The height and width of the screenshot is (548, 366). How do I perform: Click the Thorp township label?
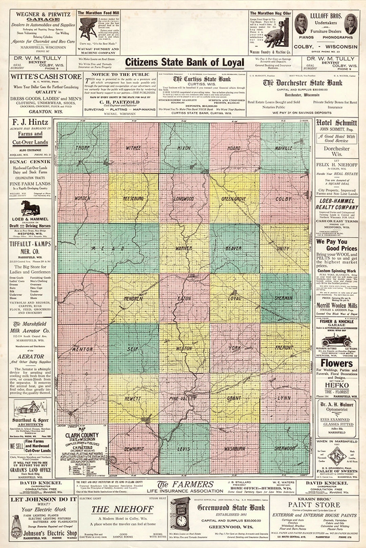83,148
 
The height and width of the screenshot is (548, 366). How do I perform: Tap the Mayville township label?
283,148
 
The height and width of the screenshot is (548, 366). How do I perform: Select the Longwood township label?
184,199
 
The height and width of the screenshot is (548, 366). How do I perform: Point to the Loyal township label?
235,299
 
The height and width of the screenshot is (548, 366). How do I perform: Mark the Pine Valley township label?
183,398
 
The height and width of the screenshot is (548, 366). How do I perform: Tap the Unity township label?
283,248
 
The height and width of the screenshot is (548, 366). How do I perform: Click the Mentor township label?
82,349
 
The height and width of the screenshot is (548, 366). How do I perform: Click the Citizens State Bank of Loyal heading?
185,62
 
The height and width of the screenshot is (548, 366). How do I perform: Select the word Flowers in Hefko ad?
337,363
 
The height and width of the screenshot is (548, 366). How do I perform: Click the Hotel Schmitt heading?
337,123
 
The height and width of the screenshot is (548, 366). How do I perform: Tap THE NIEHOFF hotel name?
122,509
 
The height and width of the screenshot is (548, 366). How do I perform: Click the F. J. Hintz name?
30,122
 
